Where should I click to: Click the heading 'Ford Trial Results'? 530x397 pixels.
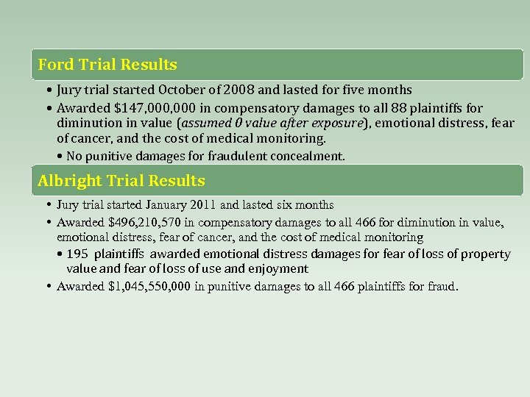[107, 65]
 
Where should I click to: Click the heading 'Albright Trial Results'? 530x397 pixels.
[121, 180]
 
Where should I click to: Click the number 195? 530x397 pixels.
[77, 254]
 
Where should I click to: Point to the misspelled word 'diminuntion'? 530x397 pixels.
[90, 123]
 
